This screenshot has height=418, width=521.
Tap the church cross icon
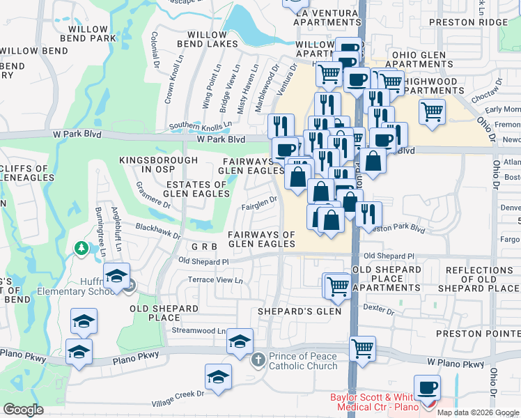click(258, 359)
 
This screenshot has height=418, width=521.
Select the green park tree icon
click(82, 248)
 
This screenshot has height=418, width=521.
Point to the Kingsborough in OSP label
click(155, 164)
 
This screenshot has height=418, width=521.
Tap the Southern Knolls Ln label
click(200, 126)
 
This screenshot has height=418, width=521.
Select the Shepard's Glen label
click(300, 311)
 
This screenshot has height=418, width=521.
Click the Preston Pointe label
click(478, 334)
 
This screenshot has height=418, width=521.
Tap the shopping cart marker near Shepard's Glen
click(338, 286)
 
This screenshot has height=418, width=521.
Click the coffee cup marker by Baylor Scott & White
click(427, 387)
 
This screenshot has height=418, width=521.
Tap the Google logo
click(23, 410)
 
